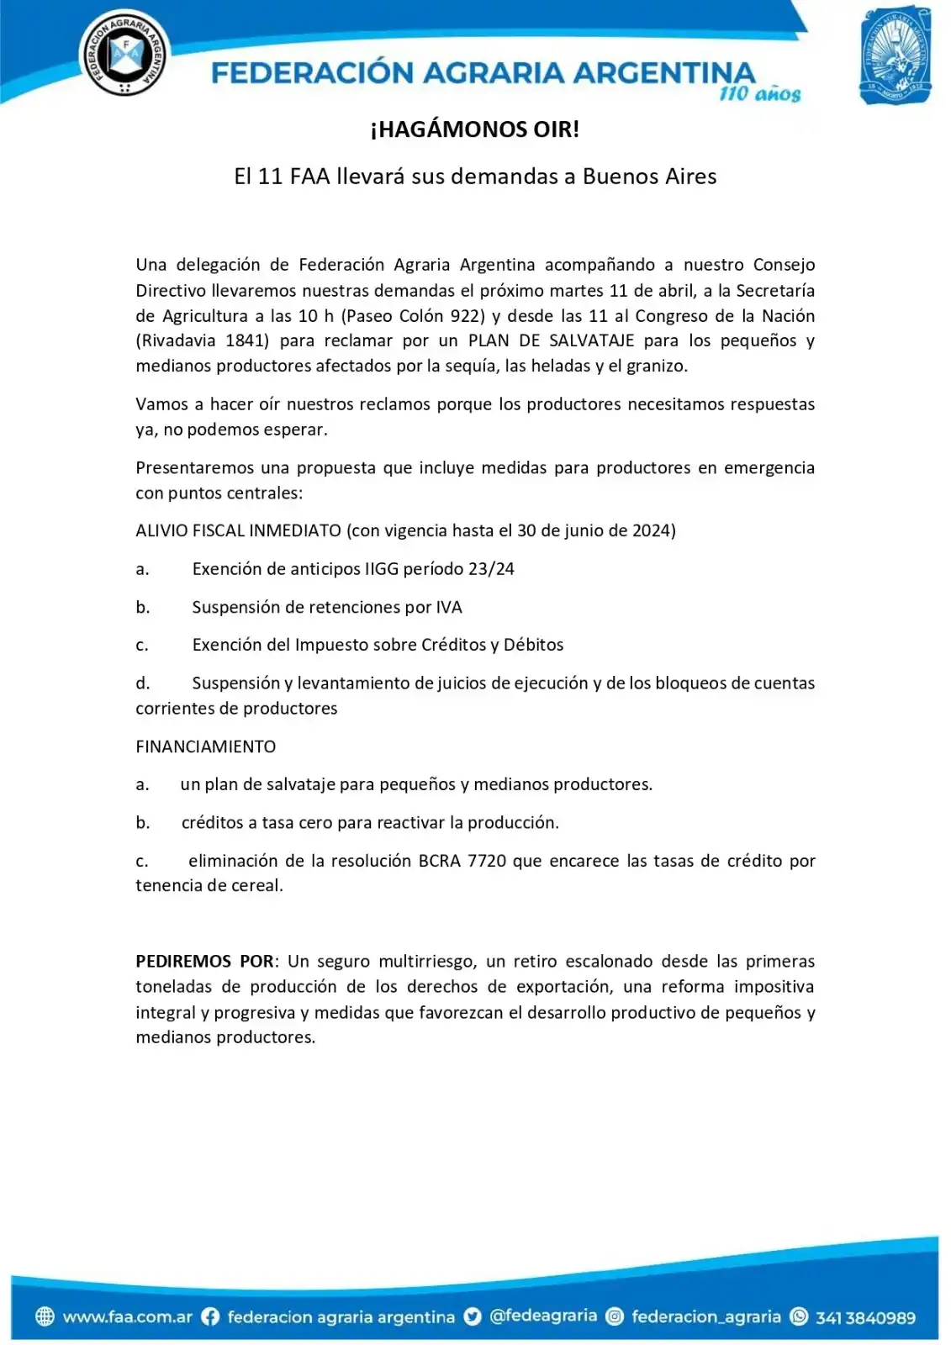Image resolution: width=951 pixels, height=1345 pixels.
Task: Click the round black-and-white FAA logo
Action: coord(124,53)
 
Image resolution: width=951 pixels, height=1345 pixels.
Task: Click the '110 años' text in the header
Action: coord(759,94)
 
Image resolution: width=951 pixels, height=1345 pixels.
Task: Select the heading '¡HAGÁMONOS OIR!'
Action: coord(475,129)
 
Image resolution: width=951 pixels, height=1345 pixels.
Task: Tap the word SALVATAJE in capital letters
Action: coord(591,340)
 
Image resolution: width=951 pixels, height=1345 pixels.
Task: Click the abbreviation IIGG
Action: coord(381,569)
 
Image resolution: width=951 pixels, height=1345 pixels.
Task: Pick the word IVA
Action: coord(449,607)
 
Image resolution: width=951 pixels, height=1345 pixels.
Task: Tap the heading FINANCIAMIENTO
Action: coord(206,746)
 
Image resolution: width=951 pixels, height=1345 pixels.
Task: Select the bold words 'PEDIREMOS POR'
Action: coord(205,962)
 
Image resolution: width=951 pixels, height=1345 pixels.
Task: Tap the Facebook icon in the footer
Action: coord(210,1317)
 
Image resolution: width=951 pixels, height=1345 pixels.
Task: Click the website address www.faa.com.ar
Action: coord(127,1317)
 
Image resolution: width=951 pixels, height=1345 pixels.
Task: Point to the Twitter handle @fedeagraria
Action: coord(543,1316)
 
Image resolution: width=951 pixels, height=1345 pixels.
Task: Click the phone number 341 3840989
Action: coord(865,1317)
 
